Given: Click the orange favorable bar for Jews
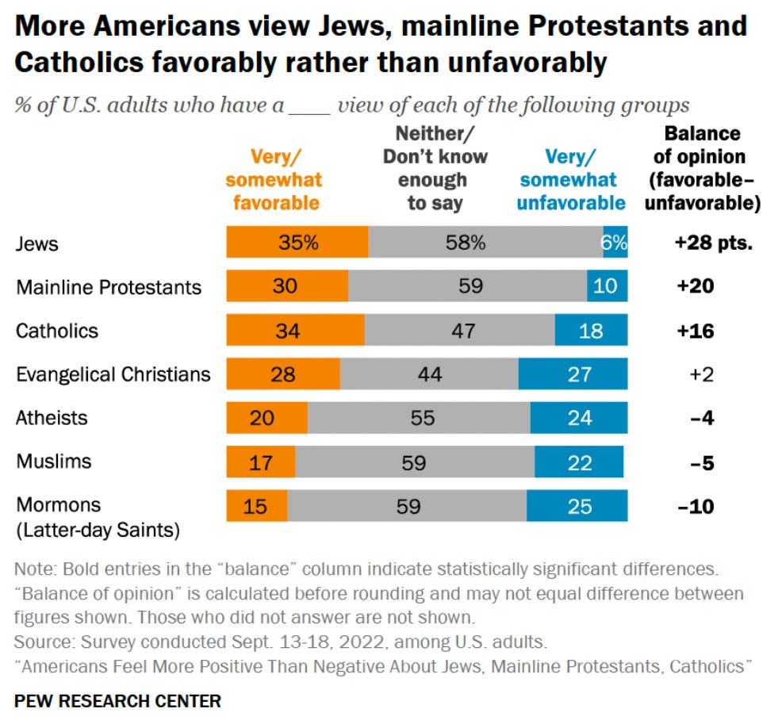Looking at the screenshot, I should (x=297, y=242).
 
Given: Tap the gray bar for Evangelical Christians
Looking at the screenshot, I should (x=429, y=374).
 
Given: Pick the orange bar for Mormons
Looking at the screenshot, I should (x=256, y=505).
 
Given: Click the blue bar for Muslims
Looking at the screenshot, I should (x=578, y=462).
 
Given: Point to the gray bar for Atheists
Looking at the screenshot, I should (x=419, y=417).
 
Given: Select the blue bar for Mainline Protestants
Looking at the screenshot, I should (x=607, y=285).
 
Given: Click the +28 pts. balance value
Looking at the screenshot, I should (x=713, y=243).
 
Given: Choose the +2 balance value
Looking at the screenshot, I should (x=702, y=374).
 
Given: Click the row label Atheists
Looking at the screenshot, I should (x=52, y=417).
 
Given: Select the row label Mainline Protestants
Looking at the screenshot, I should (x=109, y=286).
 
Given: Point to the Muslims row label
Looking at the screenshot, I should (x=53, y=461).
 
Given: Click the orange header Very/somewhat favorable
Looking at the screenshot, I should (x=276, y=179).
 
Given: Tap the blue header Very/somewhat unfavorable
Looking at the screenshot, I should (x=571, y=179).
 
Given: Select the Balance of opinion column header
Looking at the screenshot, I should (x=702, y=168).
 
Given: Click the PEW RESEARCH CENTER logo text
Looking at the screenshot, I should (x=118, y=701).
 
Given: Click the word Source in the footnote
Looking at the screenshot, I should (x=40, y=640).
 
